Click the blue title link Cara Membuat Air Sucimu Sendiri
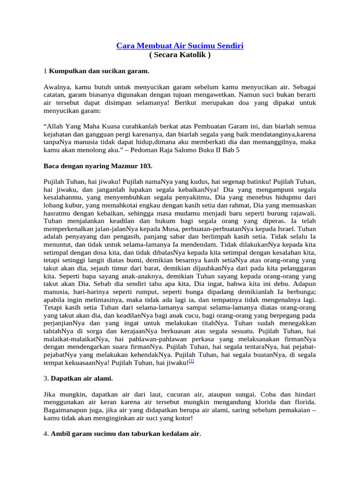pos(180,46)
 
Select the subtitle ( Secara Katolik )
pos(180,55)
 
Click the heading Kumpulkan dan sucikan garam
pos(99,71)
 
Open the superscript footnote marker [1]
pos(191,361)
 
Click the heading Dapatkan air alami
pos(82,378)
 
